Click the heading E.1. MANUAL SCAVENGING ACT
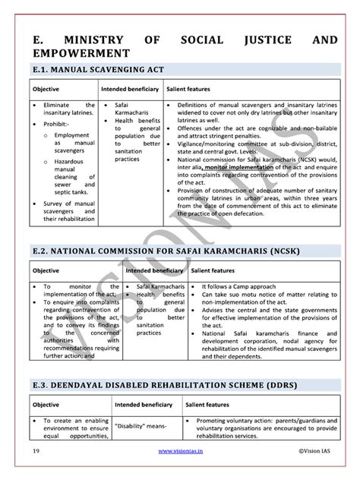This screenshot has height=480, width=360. pos(90,71)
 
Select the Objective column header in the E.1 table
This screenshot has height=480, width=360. pos(46,89)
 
